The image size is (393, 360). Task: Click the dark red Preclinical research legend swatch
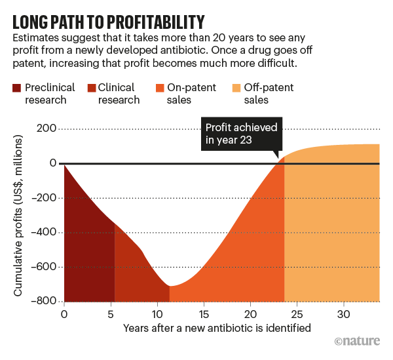coord(16,87)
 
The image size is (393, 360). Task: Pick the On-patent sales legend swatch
coord(159,87)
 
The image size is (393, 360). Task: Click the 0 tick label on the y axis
coord(50,163)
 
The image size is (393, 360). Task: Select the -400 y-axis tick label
coord(43,232)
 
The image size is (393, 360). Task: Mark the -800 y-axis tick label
coord(43,301)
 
